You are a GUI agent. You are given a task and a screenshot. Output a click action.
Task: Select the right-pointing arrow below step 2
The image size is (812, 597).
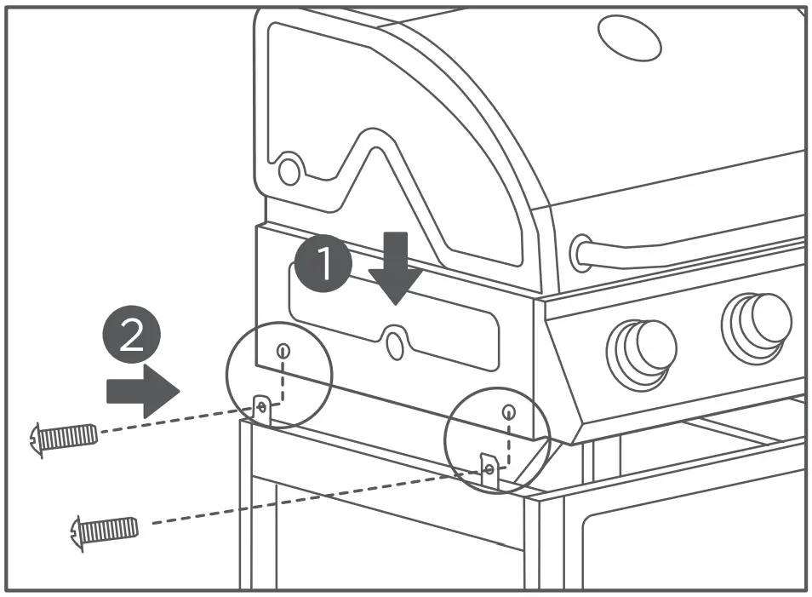[x=143, y=392]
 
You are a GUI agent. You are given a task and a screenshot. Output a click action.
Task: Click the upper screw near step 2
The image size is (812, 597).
[x=63, y=438]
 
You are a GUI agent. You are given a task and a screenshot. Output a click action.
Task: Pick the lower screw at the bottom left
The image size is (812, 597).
[x=104, y=531]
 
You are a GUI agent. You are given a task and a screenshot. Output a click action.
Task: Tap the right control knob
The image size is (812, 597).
[x=757, y=323]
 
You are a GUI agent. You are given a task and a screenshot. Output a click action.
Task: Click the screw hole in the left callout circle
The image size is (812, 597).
[x=284, y=350]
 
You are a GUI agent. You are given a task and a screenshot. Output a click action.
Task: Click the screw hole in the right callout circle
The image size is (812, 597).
[x=508, y=413]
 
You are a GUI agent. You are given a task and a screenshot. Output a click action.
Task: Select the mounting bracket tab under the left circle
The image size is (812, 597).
[x=263, y=409]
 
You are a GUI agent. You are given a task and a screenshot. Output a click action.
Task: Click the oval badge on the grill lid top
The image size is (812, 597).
[x=630, y=37]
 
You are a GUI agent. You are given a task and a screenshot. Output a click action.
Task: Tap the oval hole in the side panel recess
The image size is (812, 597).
[x=394, y=342]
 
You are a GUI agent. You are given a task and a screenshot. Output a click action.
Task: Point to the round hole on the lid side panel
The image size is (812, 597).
[x=289, y=171]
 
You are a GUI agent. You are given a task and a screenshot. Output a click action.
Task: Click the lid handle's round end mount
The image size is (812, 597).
[x=583, y=253]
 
